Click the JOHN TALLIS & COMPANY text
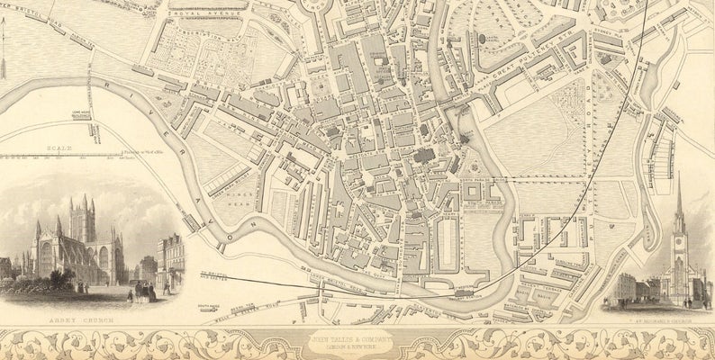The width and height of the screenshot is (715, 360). click(x=358, y=339)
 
